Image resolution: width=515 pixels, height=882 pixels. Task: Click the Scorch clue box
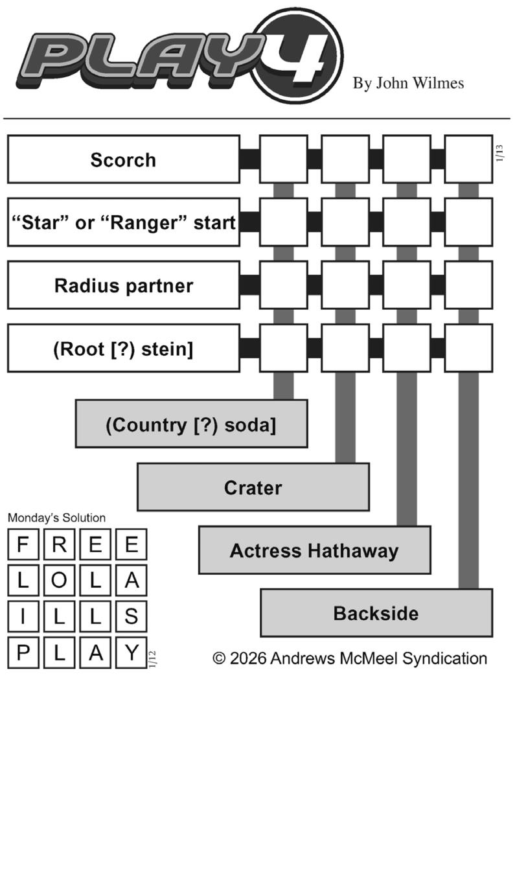[x=123, y=159]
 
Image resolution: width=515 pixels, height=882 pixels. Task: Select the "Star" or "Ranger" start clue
[x=123, y=222]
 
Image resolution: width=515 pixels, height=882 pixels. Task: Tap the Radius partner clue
[x=123, y=285]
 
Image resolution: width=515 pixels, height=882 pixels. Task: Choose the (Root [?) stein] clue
[x=123, y=349]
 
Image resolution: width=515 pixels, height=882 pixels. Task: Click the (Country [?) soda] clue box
[x=191, y=424]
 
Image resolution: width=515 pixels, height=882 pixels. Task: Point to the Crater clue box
[x=253, y=487]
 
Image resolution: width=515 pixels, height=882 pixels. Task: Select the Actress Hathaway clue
[x=314, y=550]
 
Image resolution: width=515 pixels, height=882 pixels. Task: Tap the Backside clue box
[x=376, y=613]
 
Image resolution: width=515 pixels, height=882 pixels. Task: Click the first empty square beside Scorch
[x=283, y=159]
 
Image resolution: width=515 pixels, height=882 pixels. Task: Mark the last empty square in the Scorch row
[x=468, y=159]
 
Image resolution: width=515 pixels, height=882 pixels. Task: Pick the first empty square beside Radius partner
[x=283, y=285]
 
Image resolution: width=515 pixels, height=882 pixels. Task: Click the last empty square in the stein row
[x=468, y=349]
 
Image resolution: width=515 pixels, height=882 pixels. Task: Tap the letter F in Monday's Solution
[x=23, y=544]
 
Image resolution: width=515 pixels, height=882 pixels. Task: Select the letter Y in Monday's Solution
[x=132, y=653]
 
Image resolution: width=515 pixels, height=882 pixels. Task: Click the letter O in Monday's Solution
[x=59, y=581]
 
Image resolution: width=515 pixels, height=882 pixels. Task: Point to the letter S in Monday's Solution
[x=132, y=617]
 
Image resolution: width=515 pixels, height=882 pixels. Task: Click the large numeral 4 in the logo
[x=299, y=55]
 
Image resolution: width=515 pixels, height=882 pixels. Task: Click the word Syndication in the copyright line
[x=444, y=658]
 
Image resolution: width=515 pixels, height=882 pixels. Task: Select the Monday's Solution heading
[x=56, y=518]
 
